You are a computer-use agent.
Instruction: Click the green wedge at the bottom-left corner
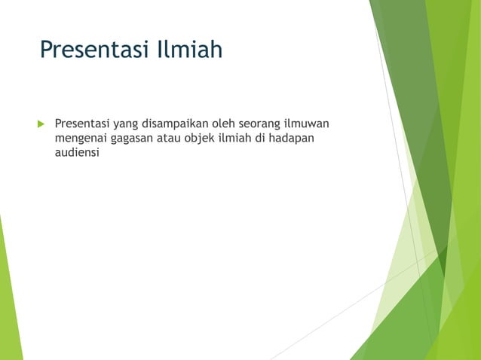pyautogui.click(x=9, y=301)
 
